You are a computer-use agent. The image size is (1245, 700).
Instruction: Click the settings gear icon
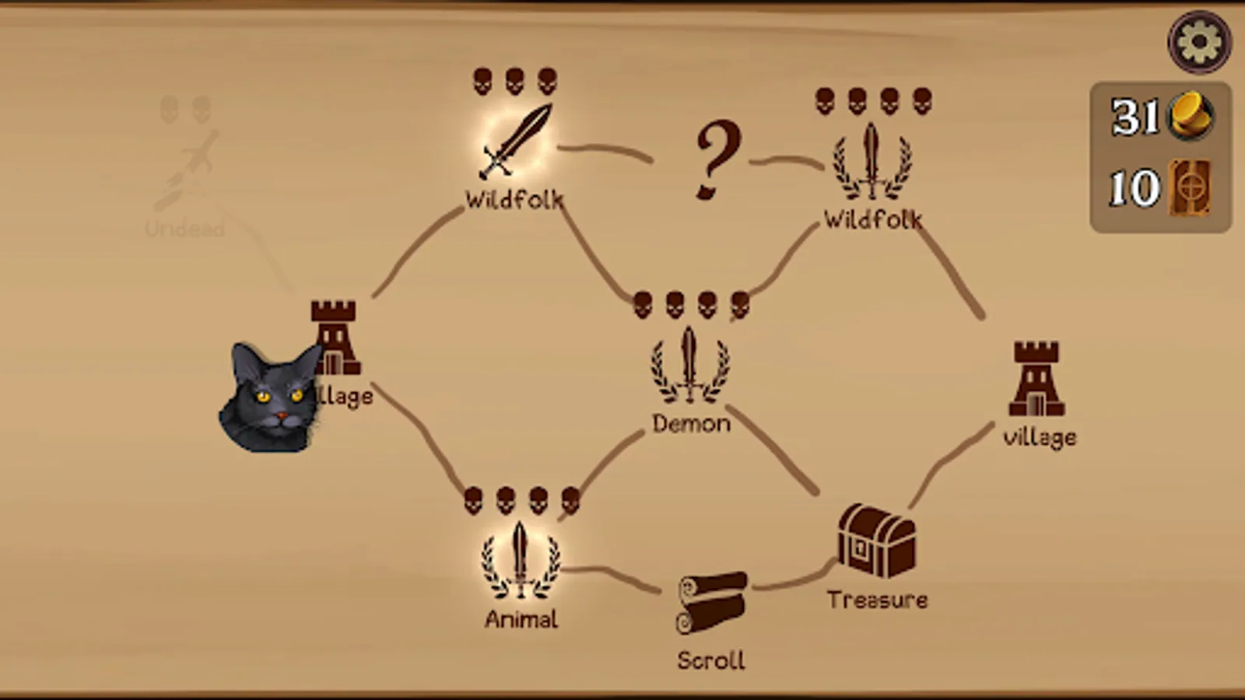(x=1199, y=42)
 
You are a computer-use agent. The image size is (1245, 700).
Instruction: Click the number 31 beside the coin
(x=1135, y=117)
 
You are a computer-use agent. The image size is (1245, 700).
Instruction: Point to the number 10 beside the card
(x=1133, y=188)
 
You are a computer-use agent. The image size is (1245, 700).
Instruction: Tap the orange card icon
(x=1191, y=187)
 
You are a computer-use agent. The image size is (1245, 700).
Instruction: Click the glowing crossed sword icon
(x=515, y=141)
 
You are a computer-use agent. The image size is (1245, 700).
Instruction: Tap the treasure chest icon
(x=876, y=541)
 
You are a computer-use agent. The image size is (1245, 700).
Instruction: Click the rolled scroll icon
(x=710, y=602)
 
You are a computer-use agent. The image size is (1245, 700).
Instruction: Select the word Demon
(x=691, y=424)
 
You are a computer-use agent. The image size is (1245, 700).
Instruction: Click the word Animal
(x=521, y=619)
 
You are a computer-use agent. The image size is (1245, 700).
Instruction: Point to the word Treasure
(x=877, y=600)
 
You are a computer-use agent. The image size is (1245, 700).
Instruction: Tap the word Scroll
(x=710, y=660)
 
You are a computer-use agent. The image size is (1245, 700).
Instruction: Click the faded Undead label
(x=184, y=229)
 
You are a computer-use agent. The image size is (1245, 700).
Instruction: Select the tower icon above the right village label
(x=1036, y=379)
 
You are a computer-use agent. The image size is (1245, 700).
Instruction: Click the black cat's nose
(x=282, y=418)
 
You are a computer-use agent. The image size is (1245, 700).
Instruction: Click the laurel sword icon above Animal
(x=520, y=560)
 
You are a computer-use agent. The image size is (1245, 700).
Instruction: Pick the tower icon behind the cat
(x=335, y=334)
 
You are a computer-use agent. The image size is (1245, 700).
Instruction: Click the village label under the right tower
(x=1040, y=437)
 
